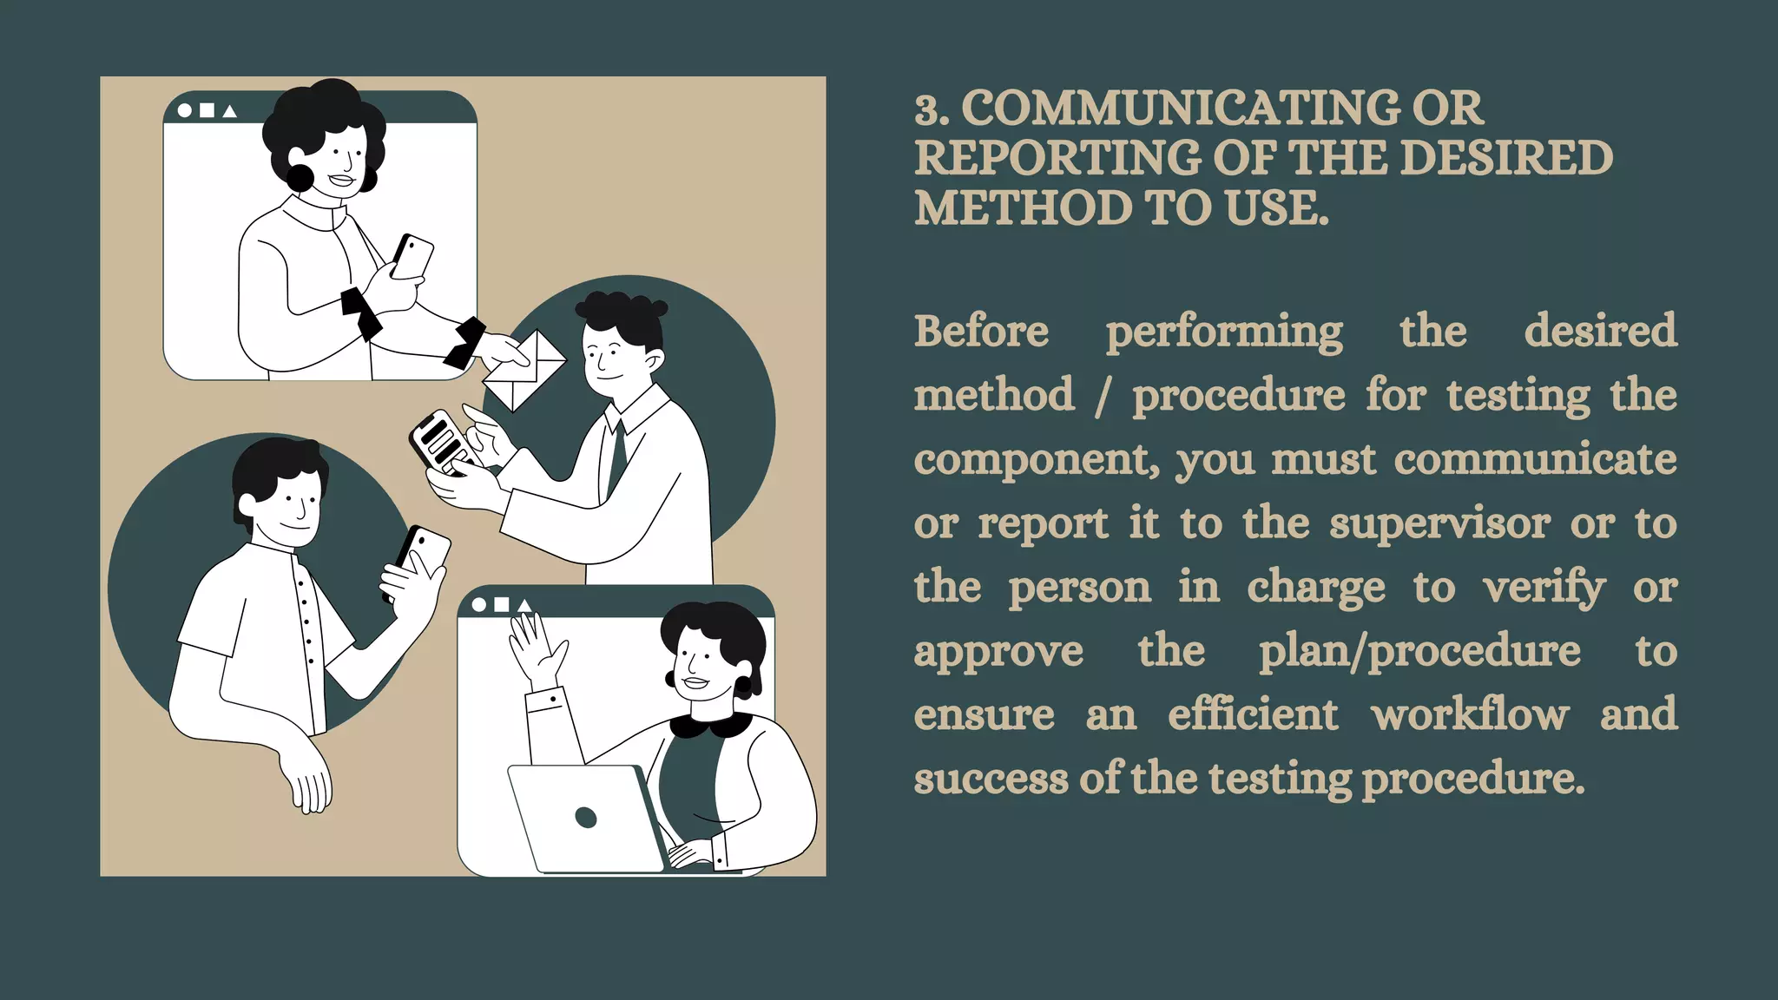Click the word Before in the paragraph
pos(981,331)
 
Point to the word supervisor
pos(1439,523)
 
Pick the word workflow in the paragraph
pos(1470,714)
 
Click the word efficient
pos(1253,714)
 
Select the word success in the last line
pos(991,779)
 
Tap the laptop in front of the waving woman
pos(587,818)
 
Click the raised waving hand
pos(537,648)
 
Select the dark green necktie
pos(617,457)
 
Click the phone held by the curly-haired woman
pos(412,256)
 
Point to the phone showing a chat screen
pos(440,443)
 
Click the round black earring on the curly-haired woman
pos(300,179)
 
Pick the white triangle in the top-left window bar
pos(230,111)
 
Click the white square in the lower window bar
pos(501,605)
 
